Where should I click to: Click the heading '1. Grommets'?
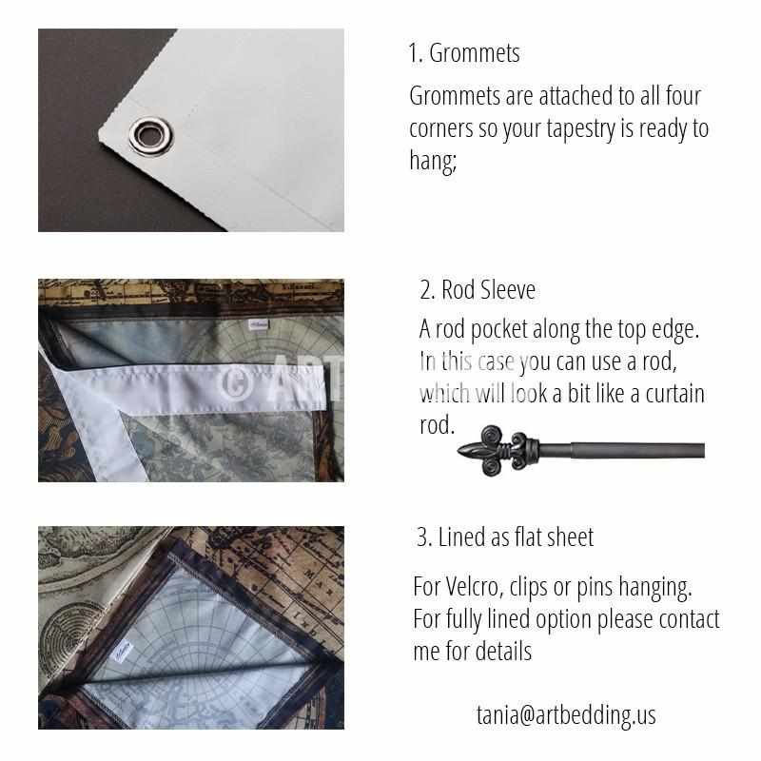[x=464, y=53]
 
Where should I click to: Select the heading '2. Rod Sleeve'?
[x=478, y=290]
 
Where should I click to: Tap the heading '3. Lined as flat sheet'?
[x=505, y=537]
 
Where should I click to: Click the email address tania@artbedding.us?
[x=566, y=715]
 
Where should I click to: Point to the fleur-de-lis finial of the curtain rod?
[x=498, y=450]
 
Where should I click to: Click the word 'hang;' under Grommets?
[x=433, y=160]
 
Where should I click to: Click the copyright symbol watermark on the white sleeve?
[x=238, y=382]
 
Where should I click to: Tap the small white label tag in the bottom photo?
[x=122, y=652]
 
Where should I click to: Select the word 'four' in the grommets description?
[x=683, y=96]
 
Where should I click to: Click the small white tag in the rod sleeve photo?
[x=258, y=324]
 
